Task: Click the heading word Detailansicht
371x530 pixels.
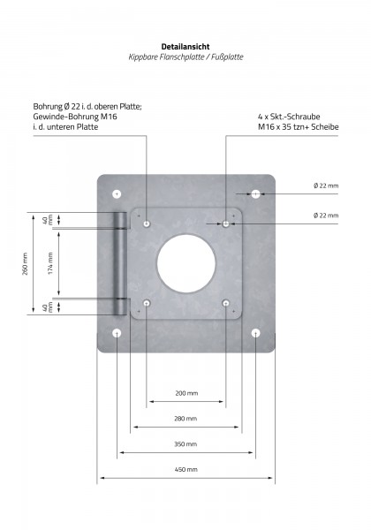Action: tap(185, 47)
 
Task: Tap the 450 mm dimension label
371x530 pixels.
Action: tap(185, 470)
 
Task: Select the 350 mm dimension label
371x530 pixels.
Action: tap(185, 444)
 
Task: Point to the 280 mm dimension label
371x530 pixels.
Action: tap(185, 419)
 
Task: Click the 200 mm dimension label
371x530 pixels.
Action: tap(186, 393)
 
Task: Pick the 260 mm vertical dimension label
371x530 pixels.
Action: tap(25, 263)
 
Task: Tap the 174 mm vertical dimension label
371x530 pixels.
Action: tap(50, 263)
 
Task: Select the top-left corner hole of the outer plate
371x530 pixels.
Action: tap(117, 194)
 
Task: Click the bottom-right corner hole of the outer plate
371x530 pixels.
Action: tap(256, 333)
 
